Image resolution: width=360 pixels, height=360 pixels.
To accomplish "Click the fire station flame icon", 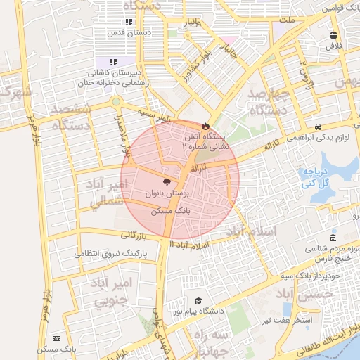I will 205,126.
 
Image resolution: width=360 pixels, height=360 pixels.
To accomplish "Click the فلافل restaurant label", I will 333,46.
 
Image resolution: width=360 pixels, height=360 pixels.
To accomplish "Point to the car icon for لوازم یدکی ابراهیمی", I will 319,127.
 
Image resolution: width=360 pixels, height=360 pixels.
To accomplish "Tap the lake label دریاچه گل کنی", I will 316,177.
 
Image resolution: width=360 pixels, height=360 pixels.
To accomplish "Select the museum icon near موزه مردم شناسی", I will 333,238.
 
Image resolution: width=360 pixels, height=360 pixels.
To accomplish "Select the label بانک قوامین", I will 337,9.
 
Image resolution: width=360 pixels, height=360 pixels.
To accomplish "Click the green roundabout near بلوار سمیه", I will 115,102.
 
